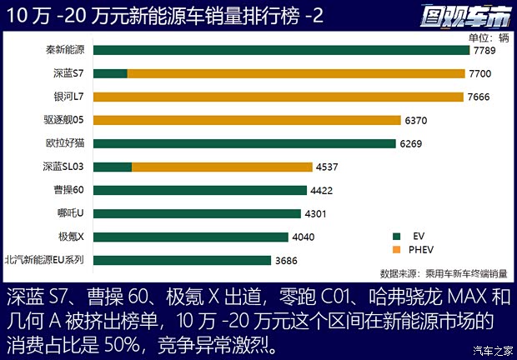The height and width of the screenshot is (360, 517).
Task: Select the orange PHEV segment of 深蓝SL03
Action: (x=222, y=167)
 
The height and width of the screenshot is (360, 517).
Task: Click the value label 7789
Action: (x=484, y=51)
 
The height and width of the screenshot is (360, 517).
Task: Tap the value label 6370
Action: (x=415, y=120)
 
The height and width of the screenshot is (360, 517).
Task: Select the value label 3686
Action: (x=285, y=261)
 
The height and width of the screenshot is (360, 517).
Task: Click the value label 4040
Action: (x=303, y=237)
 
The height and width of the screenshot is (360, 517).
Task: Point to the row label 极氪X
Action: (x=71, y=237)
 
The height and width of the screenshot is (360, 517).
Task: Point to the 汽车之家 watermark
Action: (x=490, y=349)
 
